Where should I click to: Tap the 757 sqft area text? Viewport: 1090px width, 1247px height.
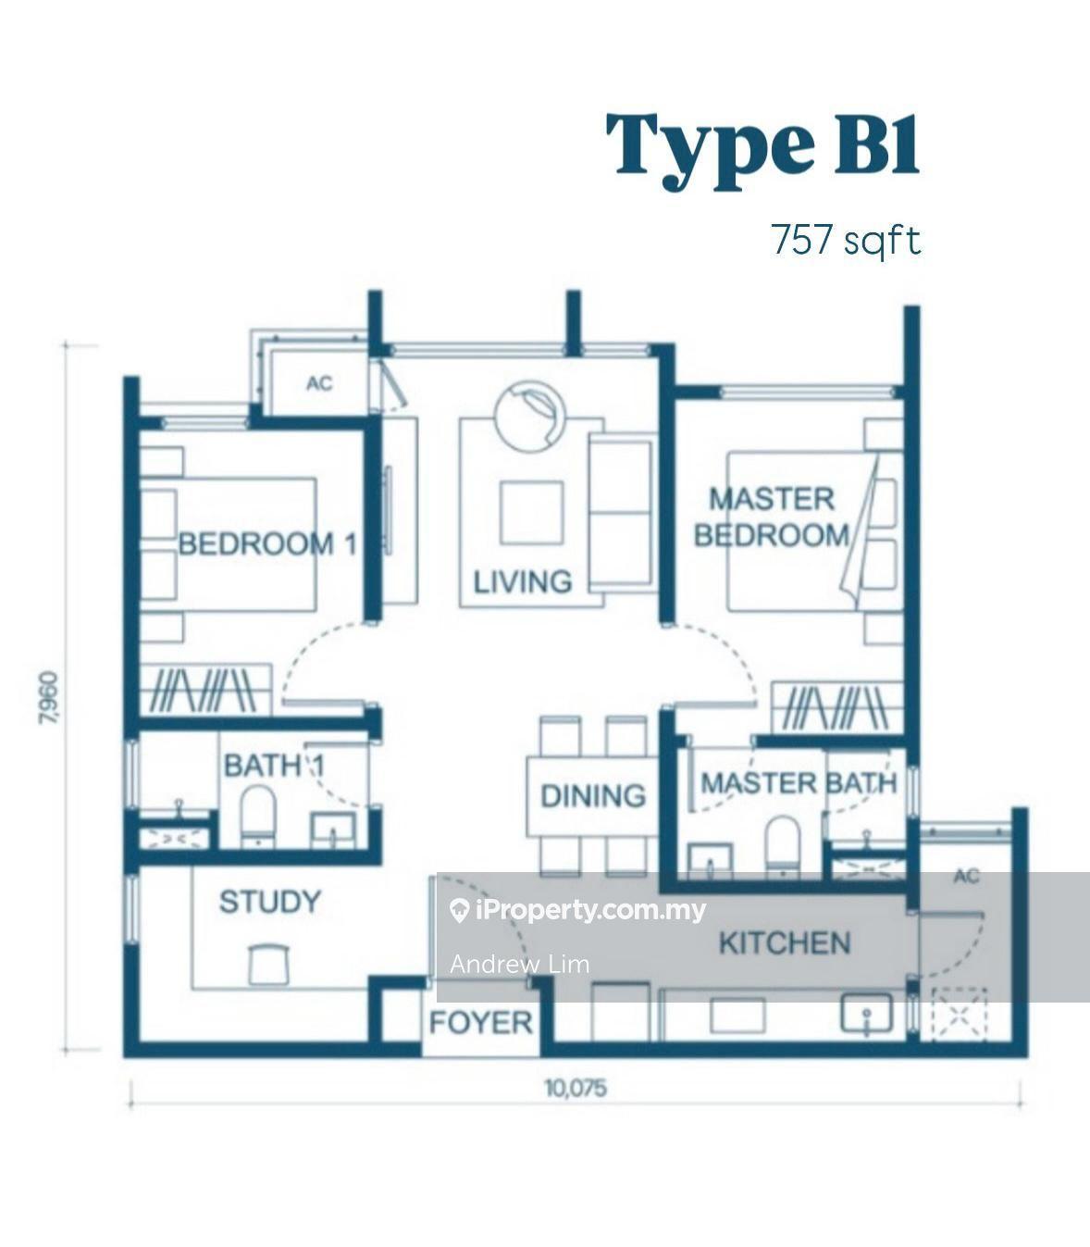(x=847, y=241)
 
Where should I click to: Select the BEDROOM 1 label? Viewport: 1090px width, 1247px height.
(x=266, y=543)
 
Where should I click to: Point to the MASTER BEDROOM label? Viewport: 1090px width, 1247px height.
(x=772, y=518)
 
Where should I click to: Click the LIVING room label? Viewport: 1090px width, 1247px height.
(x=523, y=582)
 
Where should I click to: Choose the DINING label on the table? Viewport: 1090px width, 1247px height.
(x=593, y=796)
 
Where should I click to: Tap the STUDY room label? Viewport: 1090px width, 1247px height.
(x=270, y=902)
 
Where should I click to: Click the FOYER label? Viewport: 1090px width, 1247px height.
(x=481, y=1023)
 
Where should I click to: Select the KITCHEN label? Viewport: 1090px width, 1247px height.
(x=785, y=942)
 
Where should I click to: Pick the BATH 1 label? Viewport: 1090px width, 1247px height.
(x=274, y=766)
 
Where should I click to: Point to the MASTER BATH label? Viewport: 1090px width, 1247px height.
(x=799, y=782)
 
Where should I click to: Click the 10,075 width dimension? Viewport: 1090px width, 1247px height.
(x=576, y=1089)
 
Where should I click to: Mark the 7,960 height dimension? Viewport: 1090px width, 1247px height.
(x=49, y=698)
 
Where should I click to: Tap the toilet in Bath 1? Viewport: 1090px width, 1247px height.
(x=258, y=815)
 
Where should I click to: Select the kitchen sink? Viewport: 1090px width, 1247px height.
(x=866, y=1013)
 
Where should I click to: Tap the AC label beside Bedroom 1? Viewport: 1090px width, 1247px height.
(x=319, y=383)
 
